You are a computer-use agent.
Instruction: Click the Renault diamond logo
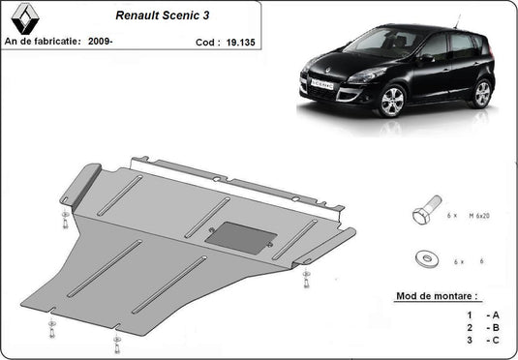pos(25,18)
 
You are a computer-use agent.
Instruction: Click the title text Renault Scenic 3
pos(163,15)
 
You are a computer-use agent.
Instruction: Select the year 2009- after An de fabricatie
pos(100,42)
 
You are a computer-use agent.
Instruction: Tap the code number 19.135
pos(240,43)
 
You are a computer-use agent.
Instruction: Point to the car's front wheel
pos(392,101)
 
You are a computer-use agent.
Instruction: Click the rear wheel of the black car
pos(482,94)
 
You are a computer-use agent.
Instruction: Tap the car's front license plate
pos(322,84)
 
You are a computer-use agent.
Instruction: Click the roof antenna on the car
pos(458,21)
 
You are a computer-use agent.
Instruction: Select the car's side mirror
pos(426,58)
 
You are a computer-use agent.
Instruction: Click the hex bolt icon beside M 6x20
pos(426,210)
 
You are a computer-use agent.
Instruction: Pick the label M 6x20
pos(479,216)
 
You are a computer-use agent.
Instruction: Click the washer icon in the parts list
pos(426,258)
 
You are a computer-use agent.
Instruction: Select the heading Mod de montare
pos(437,295)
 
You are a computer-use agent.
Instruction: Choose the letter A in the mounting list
pos(496,315)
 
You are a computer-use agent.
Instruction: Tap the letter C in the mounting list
pos(496,340)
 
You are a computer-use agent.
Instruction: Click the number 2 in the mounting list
pos(470,328)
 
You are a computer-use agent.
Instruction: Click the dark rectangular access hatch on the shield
pos(241,237)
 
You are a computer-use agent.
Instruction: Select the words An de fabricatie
pos(43,42)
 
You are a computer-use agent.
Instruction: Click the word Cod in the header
pos(205,43)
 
